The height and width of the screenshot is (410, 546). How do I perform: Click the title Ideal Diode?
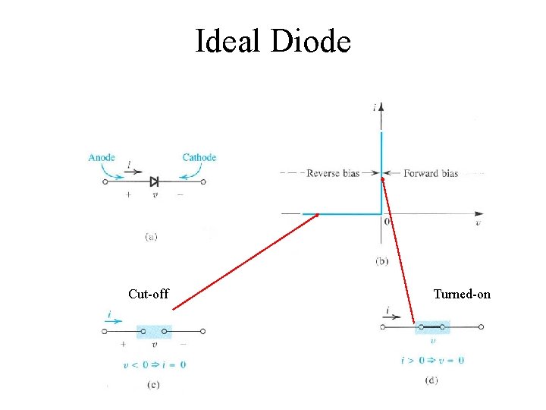tap(273, 41)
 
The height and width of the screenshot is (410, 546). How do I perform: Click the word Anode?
tap(102, 158)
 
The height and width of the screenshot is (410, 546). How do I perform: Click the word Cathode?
tap(199, 158)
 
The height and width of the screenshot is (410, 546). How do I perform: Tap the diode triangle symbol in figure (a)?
tap(154, 181)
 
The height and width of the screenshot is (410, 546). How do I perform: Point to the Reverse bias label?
tap(332, 173)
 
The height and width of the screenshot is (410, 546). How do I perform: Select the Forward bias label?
tap(431, 173)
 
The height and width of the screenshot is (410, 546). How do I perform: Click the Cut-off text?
tap(149, 294)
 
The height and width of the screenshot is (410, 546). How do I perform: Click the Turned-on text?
tap(462, 294)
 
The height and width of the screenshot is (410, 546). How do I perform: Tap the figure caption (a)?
tap(151, 236)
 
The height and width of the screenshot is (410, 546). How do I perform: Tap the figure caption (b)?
tap(382, 261)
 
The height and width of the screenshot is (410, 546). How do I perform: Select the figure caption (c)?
tap(152, 385)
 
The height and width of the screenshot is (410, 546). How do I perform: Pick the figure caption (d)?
tap(432, 380)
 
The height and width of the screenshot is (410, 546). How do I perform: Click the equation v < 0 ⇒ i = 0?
tap(155, 364)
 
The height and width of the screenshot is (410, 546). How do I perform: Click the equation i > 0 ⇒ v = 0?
tap(432, 360)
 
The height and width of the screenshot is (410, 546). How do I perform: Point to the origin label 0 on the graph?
tap(387, 222)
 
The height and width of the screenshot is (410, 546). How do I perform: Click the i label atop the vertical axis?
tap(375, 108)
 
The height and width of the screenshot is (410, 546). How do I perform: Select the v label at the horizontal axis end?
tap(477, 224)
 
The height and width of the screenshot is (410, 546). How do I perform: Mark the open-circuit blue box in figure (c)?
tap(155, 331)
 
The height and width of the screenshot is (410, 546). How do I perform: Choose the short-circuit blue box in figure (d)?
tap(432, 327)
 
